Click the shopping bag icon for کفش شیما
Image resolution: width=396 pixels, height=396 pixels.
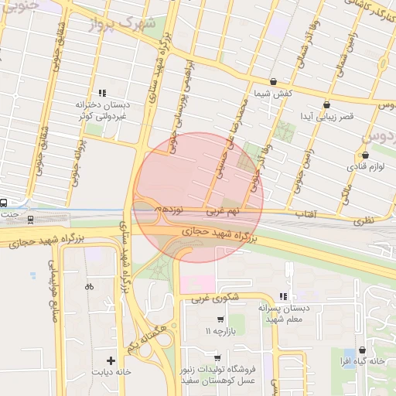click(x=273, y=81)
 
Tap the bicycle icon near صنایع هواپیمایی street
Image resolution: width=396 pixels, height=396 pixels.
click(x=89, y=286)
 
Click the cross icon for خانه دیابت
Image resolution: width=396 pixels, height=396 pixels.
click(x=111, y=360)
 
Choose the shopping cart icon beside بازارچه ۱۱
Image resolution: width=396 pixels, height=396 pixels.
click(x=220, y=319)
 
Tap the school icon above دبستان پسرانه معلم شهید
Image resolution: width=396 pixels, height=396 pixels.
click(x=283, y=295)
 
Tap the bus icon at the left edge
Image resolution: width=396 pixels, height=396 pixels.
click(x=4, y=203)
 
